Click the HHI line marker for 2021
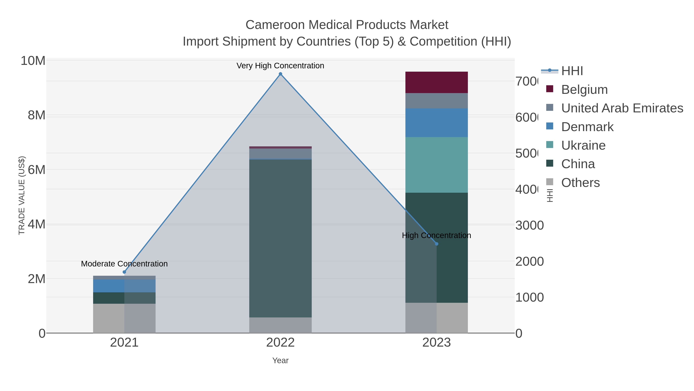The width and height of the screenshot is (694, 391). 124,272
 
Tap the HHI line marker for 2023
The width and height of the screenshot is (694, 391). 436,244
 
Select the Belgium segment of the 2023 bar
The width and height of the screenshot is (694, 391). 436,82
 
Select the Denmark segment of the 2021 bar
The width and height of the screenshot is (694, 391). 124,286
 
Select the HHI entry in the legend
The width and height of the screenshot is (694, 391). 572,71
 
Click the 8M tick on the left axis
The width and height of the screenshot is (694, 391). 36,115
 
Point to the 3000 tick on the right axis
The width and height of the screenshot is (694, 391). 529,226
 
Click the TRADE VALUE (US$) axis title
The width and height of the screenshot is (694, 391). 22,195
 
